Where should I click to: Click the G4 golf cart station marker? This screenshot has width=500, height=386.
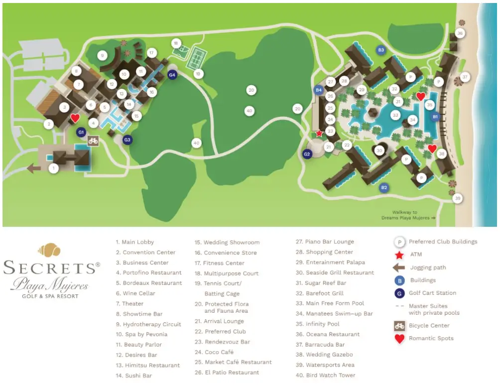(172, 75)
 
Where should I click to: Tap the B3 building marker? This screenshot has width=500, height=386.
(381, 50)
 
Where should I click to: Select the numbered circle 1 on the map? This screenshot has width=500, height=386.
(54, 169)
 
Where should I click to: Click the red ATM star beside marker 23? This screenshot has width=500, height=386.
(319, 134)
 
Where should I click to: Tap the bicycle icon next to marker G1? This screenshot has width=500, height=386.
(93, 141)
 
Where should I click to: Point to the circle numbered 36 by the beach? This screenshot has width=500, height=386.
(460, 33)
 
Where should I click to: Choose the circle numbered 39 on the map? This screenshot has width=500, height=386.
(458, 198)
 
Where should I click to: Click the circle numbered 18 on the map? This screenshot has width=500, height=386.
(175, 43)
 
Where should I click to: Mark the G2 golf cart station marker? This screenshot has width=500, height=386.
(307, 154)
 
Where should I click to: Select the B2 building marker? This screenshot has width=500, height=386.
(384, 188)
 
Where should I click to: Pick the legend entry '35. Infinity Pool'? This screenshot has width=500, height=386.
(322, 324)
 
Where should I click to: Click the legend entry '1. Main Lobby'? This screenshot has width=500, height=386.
(135, 242)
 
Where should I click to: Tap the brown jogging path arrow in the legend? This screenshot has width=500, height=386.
(398, 268)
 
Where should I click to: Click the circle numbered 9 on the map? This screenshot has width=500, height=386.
(102, 55)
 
